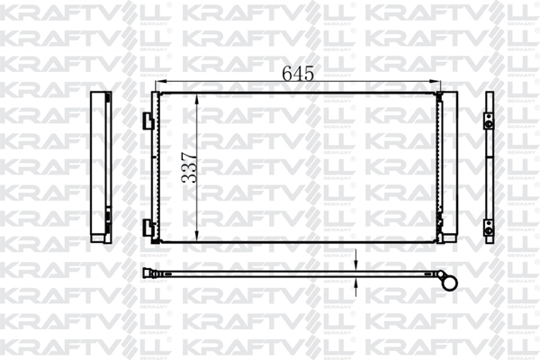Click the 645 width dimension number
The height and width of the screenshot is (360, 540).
(x=298, y=74)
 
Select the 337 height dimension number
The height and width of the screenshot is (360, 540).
(x=189, y=166)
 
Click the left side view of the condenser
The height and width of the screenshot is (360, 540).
(x=98, y=166)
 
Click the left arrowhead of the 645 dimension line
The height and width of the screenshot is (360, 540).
(x=160, y=85)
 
